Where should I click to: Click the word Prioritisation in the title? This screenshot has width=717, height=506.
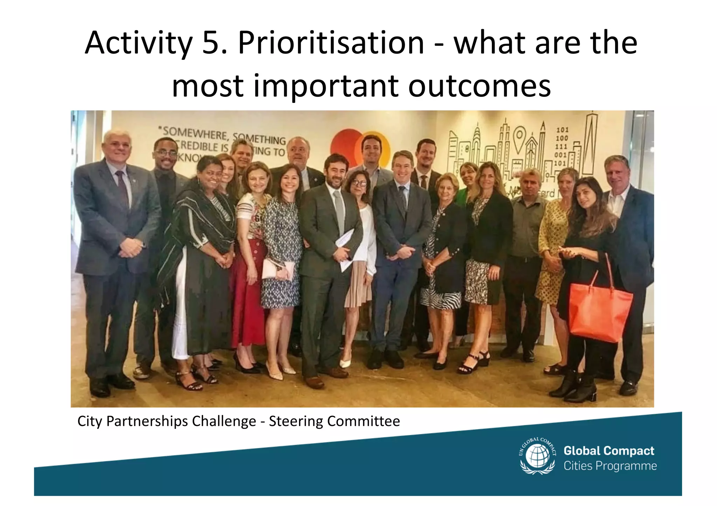[331, 44]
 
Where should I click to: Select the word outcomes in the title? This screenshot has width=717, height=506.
[479, 86]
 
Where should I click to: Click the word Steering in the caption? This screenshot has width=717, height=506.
[296, 421]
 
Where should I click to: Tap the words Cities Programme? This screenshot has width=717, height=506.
[610, 466]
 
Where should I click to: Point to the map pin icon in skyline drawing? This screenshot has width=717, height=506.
[520, 138]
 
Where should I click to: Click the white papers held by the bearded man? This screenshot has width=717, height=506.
[345, 248]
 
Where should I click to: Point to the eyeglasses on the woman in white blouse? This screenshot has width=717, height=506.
[360, 183]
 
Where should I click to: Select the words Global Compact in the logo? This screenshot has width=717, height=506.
[608, 451]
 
